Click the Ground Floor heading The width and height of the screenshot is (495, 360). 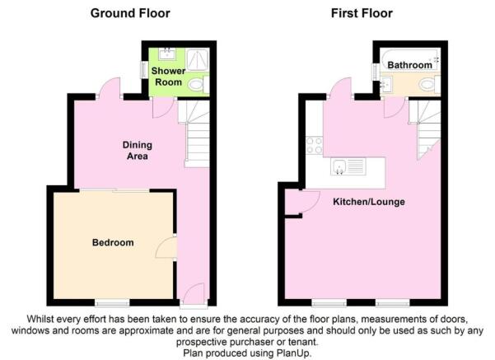[x=130, y=13]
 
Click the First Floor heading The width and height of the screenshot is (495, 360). [x=362, y=13]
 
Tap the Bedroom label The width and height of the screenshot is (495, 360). [x=113, y=242]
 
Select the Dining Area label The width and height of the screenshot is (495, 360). [x=138, y=150]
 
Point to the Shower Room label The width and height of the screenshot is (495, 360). [x=168, y=77]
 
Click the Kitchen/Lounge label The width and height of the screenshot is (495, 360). [x=369, y=202]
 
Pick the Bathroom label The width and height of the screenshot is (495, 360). [x=410, y=65]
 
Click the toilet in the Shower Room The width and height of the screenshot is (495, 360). [x=198, y=85]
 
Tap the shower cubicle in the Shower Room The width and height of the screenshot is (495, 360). [x=198, y=59]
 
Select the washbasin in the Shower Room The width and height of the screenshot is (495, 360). [x=167, y=54]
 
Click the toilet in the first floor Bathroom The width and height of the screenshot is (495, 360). [x=429, y=85]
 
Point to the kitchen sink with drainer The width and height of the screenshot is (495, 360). [x=348, y=166]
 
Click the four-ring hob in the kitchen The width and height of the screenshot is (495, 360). [x=315, y=146]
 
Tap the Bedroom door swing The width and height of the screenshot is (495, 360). [x=166, y=248]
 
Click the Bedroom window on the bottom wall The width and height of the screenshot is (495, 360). [x=112, y=303]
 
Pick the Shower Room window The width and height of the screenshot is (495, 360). [x=143, y=68]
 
